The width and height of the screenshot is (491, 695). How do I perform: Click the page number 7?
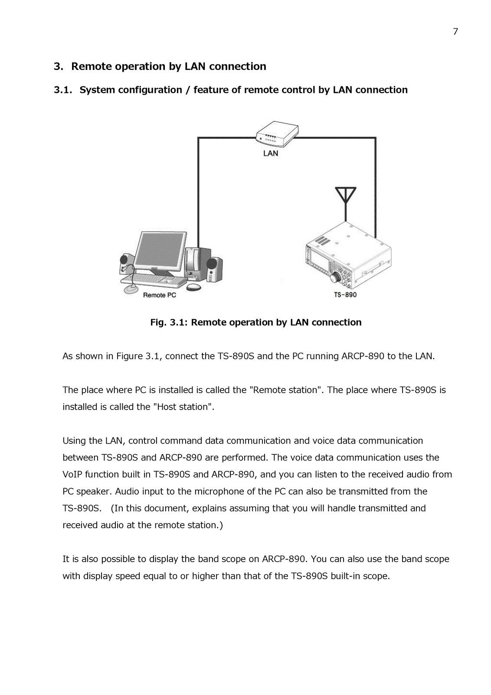455,32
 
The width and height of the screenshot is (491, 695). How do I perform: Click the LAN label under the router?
271,153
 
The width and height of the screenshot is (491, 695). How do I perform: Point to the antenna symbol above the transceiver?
346,198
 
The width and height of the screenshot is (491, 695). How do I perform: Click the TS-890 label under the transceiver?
345,295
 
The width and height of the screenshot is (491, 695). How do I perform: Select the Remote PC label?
160,295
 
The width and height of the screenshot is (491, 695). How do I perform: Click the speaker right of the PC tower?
215,269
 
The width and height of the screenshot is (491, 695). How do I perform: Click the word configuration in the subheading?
150,90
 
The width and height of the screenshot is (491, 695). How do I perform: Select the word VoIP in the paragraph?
72,474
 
